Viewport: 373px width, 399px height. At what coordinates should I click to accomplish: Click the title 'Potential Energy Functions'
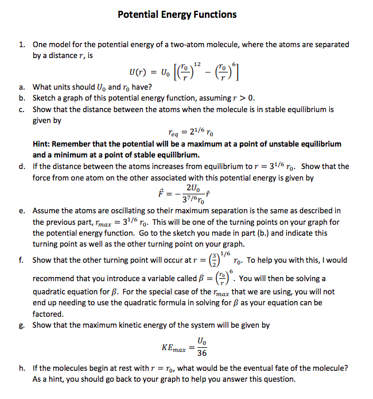177,14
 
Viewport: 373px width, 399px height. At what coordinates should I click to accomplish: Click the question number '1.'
21,44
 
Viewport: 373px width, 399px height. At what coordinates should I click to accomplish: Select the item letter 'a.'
21,87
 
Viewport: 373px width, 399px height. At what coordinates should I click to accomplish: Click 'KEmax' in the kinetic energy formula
174,348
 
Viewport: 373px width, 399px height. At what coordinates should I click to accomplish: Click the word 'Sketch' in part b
45,98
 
